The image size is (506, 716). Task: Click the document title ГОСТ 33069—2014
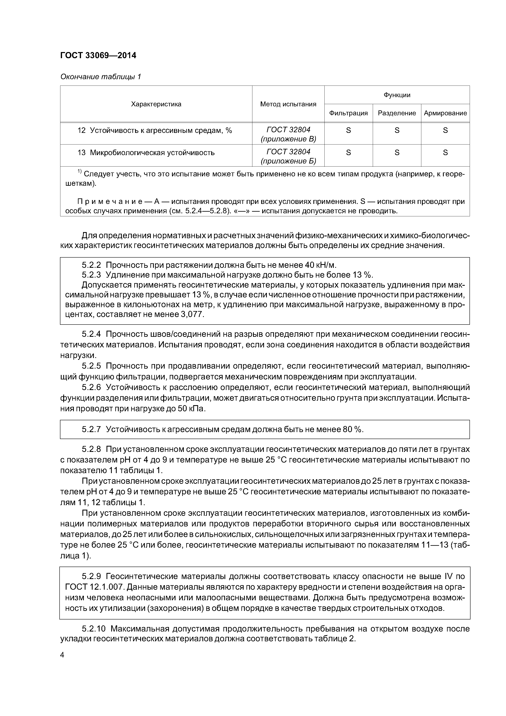pos(98,56)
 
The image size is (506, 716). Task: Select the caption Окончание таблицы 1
pos(100,77)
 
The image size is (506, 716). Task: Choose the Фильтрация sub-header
pos(348,113)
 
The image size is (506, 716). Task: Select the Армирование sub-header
pos(445,113)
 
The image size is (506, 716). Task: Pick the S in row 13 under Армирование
pos(445,152)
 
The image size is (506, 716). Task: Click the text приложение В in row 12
pos(288,139)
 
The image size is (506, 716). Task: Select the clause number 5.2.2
pos(91,265)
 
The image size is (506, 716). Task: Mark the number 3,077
pos(192,314)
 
